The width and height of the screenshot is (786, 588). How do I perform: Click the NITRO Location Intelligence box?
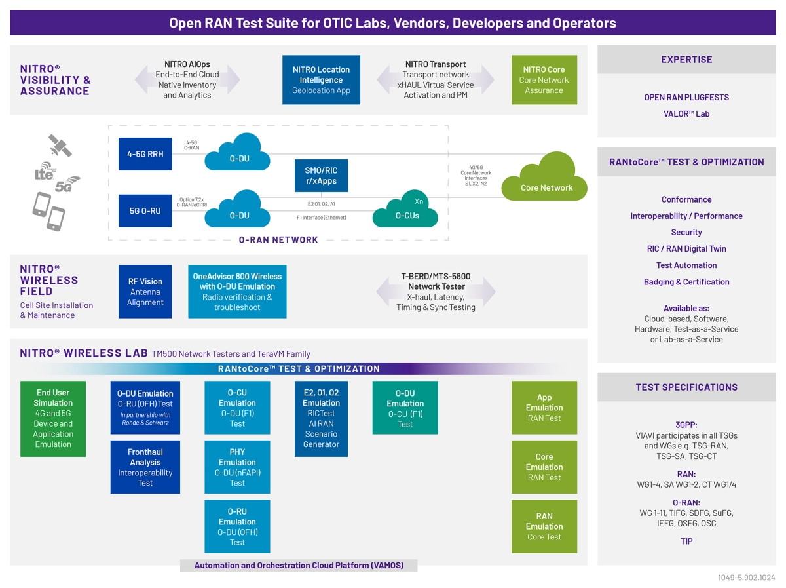[321, 79]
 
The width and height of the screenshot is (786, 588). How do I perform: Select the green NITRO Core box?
[544, 79]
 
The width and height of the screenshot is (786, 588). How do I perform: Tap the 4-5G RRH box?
[145, 154]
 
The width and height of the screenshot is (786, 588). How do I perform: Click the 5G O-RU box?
[145, 211]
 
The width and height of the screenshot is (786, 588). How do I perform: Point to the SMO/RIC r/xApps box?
[321, 175]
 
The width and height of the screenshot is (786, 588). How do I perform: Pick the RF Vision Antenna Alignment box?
[145, 292]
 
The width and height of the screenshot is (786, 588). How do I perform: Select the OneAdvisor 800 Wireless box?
[237, 292]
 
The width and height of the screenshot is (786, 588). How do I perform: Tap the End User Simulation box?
[53, 418]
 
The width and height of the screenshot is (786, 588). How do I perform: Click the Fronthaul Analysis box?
[145, 467]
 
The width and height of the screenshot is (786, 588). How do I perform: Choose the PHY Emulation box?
[237, 467]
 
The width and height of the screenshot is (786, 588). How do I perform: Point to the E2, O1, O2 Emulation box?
[321, 418]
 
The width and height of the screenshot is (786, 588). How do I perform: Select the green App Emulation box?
[544, 407]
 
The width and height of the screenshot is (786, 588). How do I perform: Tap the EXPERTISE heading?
[686, 60]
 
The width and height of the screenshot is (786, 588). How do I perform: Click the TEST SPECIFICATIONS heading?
[686, 387]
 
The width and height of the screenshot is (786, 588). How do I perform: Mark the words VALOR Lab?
[686, 114]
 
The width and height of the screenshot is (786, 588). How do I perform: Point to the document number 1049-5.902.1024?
[746, 578]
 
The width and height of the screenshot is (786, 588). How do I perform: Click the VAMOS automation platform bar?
[299, 565]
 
